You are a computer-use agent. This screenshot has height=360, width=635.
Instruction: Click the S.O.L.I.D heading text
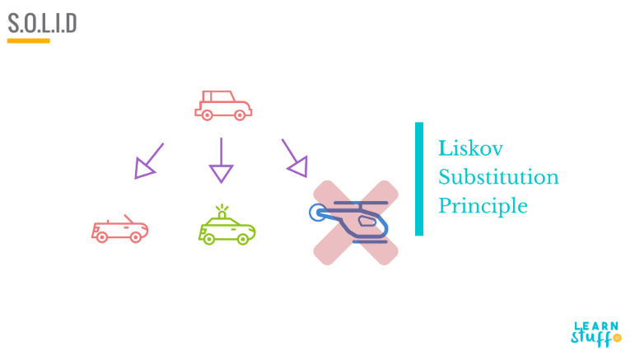(x=42, y=23)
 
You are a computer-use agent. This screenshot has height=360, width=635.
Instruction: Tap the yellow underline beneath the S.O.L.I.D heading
(x=28, y=40)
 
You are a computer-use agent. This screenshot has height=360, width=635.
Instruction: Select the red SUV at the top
(x=222, y=105)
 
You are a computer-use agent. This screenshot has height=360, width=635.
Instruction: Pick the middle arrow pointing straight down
(x=221, y=160)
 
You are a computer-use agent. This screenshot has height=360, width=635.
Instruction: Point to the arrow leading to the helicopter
(x=294, y=157)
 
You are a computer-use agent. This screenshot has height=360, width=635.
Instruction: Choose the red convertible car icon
(x=120, y=230)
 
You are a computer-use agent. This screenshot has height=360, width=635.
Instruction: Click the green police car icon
(x=226, y=228)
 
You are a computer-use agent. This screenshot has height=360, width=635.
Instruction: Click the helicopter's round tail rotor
(x=317, y=214)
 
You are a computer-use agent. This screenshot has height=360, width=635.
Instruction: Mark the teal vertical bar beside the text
(x=419, y=179)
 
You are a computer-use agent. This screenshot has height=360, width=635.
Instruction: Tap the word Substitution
(x=497, y=177)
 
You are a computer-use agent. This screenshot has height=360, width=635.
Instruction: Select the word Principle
(x=482, y=205)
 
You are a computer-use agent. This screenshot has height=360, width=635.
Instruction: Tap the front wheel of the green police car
(x=243, y=239)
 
